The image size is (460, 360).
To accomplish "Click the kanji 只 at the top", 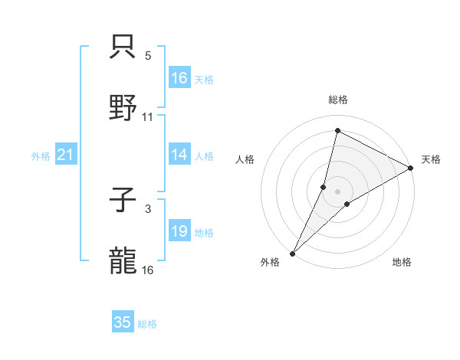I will (x=123, y=47).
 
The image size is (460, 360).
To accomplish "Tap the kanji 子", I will (x=123, y=201).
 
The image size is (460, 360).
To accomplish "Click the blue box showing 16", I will (x=179, y=78).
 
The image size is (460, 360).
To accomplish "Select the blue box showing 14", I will (x=179, y=155).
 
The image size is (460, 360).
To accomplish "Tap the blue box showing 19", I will (x=179, y=231).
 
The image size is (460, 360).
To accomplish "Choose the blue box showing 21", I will (x=66, y=155).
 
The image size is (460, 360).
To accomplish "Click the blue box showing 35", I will (x=123, y=322).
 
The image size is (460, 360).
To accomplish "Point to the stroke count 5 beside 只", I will (x=148, y=55).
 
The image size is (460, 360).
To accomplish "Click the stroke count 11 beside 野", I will (x=148, y=117).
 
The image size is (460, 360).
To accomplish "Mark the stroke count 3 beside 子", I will (x=148, y=208).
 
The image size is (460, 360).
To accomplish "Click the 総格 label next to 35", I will (x=147, y=324).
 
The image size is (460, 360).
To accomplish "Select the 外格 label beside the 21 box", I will (x=41, y=156).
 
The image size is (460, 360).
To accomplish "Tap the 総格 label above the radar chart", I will (x=338, y=100).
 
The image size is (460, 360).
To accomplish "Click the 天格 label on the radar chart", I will (x=431, y=159).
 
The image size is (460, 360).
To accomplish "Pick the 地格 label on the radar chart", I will (x=402, y=262).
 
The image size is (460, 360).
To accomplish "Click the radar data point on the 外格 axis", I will (x=292, y=253).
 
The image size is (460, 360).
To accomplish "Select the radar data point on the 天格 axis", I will (x=411, y=167).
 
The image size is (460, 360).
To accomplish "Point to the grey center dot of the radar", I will (x=338, y=191).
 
